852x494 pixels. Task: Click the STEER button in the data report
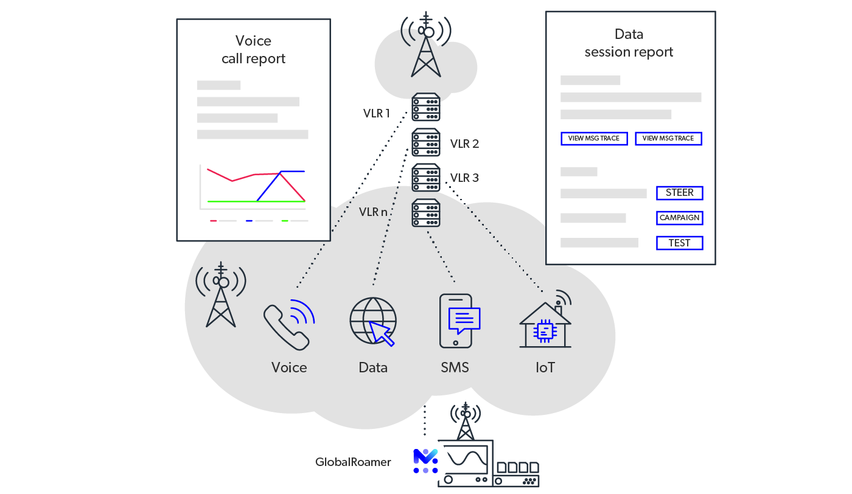[679, 193]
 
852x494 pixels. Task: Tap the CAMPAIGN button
[679, 218]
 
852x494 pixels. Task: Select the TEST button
[679, 243]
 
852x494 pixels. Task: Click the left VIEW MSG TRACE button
[594, 139]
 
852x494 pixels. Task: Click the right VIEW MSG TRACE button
[668, 139]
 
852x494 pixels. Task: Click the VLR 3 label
[464, 178]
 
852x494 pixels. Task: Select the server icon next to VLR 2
[426, 143]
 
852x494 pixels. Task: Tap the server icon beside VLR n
[426, 213]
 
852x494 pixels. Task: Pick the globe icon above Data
[372, 321]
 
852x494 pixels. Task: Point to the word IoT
[545, 367]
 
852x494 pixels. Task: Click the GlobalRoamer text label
[353, 462]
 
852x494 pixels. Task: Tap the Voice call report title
[253, 50]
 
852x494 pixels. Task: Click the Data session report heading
[629, 43]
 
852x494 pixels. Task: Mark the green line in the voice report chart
[231, 201]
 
